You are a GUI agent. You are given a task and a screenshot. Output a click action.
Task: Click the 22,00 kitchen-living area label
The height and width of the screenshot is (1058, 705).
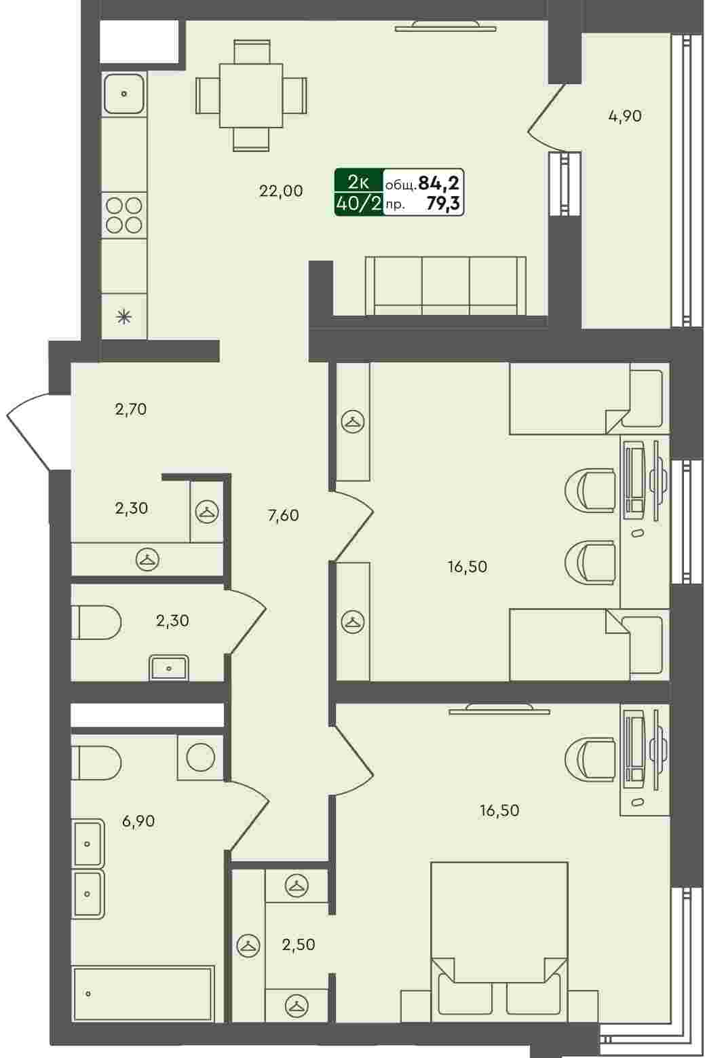281,191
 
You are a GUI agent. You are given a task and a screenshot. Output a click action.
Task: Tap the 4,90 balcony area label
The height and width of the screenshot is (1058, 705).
625,116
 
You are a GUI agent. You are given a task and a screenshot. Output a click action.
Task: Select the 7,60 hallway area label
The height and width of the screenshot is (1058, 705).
283,515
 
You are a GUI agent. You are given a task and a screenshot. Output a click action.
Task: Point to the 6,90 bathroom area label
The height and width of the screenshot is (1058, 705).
138,821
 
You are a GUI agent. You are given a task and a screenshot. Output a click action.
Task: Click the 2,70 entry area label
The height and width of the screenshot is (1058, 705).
131,409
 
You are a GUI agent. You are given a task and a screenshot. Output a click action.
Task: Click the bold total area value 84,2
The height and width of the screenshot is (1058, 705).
439,181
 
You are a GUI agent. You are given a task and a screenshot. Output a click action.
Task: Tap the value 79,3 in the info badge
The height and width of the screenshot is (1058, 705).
443,204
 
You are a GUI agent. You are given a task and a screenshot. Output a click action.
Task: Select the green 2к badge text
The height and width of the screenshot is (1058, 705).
358,181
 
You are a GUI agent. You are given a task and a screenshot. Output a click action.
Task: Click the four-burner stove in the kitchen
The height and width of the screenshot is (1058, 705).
124,215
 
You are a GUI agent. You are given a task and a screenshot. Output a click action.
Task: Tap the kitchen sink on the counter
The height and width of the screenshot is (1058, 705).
123,94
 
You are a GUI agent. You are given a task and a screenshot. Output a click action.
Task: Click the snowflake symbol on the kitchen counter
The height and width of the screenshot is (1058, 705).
123,316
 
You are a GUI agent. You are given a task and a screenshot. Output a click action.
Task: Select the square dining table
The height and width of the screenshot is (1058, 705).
251,96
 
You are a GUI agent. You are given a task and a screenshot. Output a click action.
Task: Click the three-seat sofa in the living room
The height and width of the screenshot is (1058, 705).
445,286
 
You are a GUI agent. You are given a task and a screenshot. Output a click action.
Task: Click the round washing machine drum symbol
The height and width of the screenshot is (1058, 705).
201,757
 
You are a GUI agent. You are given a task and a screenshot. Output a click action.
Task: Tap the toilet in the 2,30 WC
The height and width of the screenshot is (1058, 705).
96,622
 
